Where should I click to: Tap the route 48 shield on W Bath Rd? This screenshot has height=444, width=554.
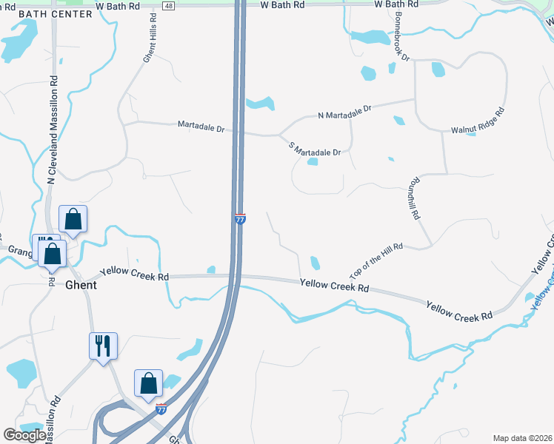coord(170,5)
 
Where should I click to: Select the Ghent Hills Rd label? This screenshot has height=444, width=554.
coord(148,41)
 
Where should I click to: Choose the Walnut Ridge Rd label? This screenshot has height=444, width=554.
coord(478,121)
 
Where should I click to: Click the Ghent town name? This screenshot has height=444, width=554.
coord(81,284)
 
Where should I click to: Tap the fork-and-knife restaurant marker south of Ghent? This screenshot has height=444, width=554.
coord(103,346)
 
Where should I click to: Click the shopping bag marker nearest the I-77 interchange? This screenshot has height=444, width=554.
coord(148,383)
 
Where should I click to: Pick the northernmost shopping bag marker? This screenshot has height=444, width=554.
coord(73,219)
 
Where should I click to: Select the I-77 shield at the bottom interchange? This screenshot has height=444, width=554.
coord(162,408)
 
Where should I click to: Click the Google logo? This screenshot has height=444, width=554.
coord(24,435)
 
